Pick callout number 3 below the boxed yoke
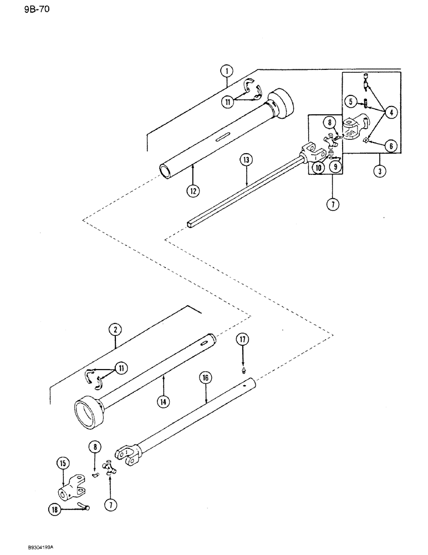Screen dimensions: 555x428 (x=379, y=172)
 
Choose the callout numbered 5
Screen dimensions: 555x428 (x=350, y=101)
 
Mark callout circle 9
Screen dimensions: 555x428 (x=338, y=165)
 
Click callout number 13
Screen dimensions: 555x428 (x=246, y=160)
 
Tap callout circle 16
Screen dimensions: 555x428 (x=206, y=378)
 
